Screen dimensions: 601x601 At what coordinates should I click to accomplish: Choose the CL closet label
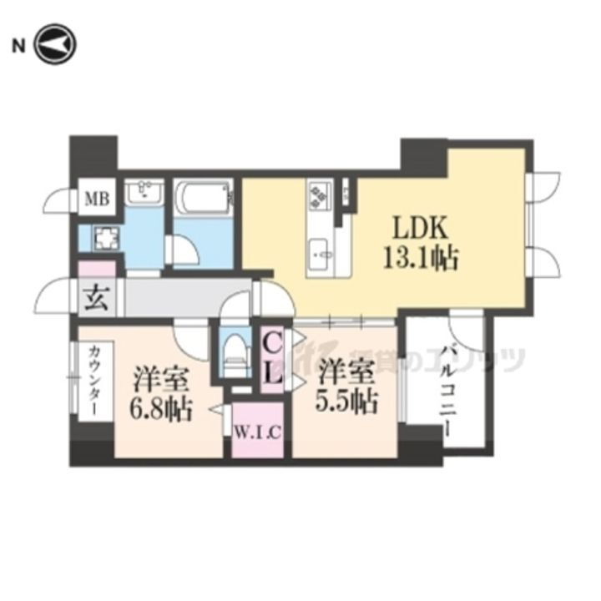coord(273,357)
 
